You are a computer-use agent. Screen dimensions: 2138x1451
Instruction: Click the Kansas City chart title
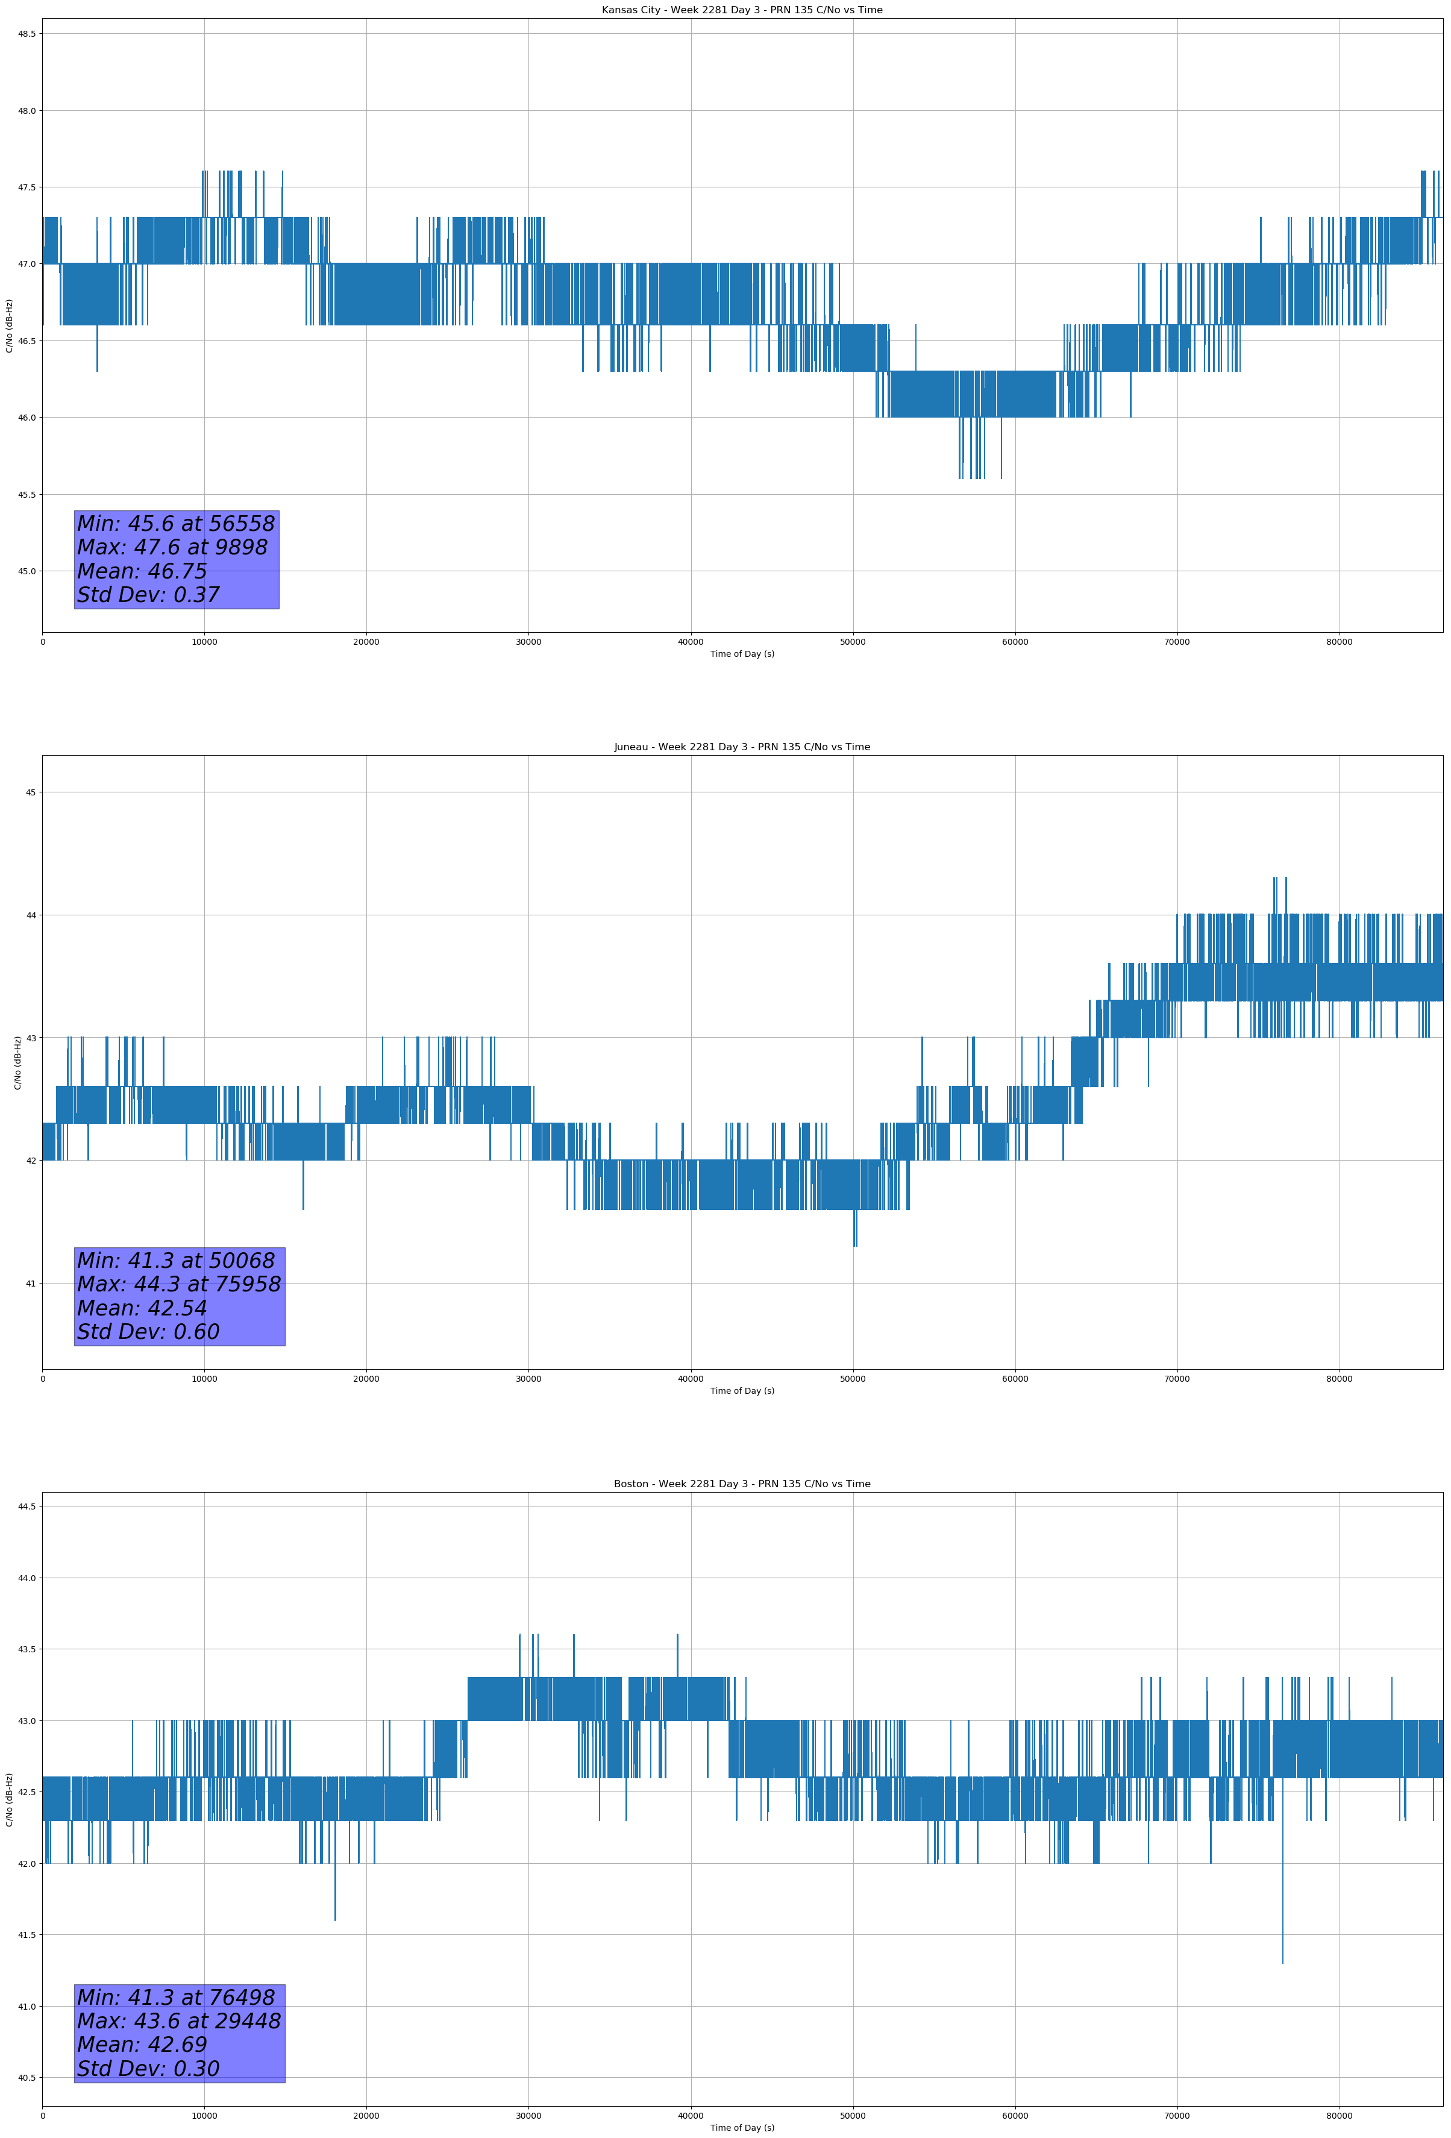(742, 10)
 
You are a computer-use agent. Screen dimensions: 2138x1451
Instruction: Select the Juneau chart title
(742, 747)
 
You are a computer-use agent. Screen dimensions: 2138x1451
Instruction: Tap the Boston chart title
(742, 1484)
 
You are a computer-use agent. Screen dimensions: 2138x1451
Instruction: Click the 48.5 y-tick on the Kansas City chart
(26, 34)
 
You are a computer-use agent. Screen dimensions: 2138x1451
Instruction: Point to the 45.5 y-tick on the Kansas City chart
(26, 494)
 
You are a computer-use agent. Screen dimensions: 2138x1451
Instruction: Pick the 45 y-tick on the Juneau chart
(30, 792)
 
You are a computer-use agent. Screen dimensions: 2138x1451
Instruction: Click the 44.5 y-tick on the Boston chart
(26, 1506)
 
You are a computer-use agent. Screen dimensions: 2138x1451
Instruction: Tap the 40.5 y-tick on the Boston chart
(26, 2077)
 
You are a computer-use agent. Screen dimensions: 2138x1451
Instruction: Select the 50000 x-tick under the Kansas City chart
(853, 642)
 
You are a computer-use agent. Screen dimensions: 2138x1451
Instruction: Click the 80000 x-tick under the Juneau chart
(1339, 1379)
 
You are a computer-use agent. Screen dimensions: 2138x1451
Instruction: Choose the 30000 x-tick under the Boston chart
(528, 2116)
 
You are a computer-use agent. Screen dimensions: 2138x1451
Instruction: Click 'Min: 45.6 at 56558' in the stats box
(176, 524)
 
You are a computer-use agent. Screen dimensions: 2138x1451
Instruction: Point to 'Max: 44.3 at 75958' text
(178, 1284)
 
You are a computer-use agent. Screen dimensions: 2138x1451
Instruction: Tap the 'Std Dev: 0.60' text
(148, 1331)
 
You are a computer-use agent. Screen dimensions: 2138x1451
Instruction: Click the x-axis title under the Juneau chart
(742, 1391)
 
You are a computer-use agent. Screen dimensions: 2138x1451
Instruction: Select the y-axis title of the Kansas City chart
(9, 325)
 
